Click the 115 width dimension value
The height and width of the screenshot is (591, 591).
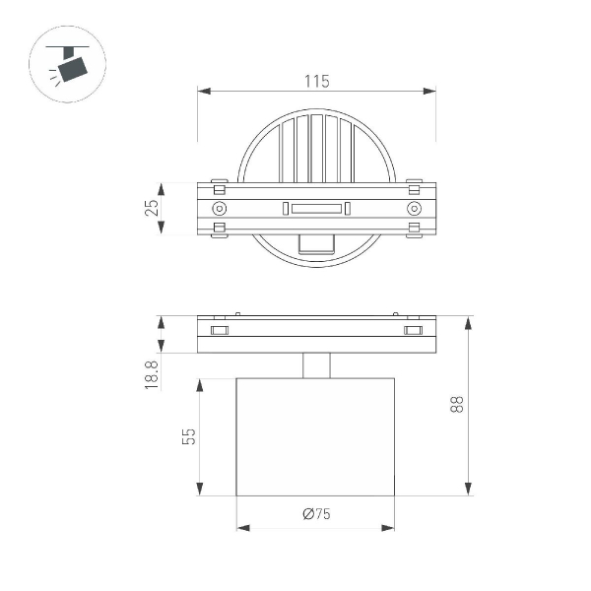point(316,82)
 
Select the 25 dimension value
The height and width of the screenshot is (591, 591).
point(152,210)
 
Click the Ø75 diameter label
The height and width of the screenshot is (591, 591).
point(315,514)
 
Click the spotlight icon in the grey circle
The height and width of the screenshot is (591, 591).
point(68,64)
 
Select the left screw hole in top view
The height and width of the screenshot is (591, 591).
point(219,209)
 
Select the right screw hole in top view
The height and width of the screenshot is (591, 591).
point(414,209)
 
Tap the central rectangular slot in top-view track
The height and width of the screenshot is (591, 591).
point(316,209)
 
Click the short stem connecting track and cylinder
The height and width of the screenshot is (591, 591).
point(316,365)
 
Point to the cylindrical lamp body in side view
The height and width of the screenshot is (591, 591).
point(316,436)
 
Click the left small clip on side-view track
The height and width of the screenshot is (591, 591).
point(219,329)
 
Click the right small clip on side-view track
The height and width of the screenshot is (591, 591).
point(414,329)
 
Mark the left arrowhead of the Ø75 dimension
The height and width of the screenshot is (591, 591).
point(242,528)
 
